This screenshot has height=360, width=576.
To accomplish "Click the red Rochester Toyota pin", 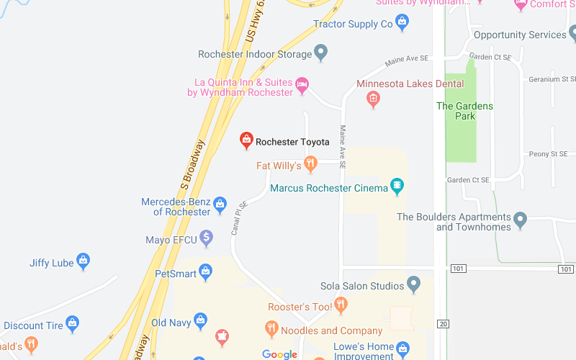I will coord(246,140).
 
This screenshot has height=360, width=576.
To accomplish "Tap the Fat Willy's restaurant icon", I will coord(310,165).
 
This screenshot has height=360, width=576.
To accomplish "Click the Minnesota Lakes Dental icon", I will coord(373,99).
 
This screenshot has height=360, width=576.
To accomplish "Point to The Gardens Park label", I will coord(465,111).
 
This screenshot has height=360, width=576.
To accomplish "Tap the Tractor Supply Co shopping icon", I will coord(402,23).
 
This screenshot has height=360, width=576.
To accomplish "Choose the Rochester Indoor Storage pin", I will coord(321,53).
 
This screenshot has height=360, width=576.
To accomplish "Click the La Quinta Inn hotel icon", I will coord(303,86).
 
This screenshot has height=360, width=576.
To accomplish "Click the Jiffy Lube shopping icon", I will coord(84,261).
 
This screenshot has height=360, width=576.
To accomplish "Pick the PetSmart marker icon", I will coord(206,272).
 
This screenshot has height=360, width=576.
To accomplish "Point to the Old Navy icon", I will coord(200,321).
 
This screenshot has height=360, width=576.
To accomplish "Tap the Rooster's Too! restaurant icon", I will coord(341,305).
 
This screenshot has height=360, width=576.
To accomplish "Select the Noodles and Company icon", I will coord(271,330).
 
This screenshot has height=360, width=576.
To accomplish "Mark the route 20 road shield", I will coord(443,324).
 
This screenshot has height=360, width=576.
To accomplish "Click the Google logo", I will coord(279,354).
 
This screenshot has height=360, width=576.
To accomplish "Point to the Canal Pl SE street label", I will coord(239,218).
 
